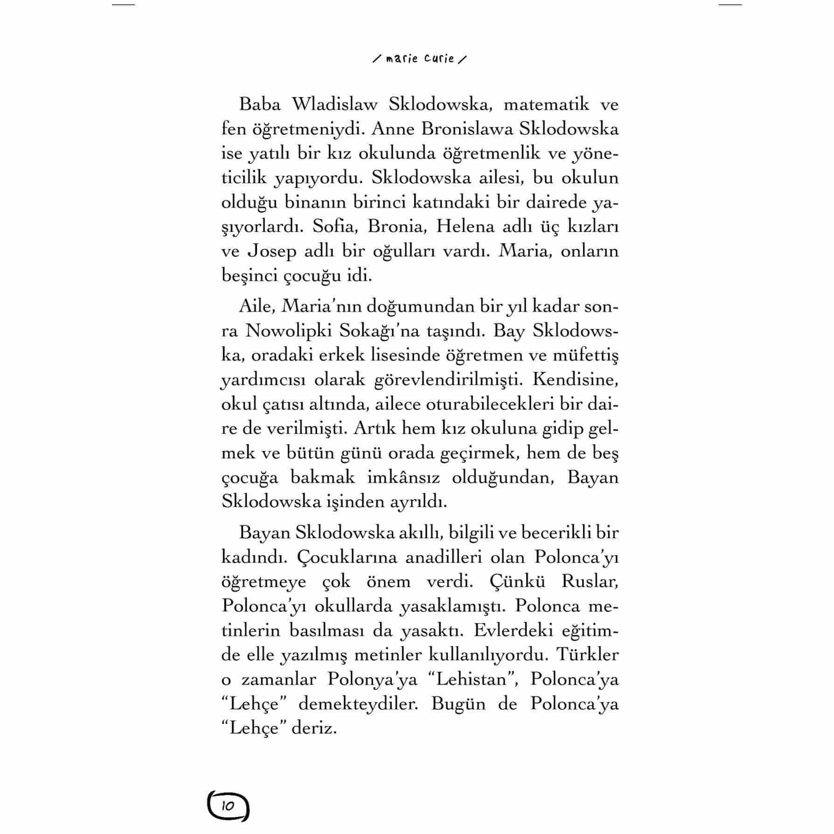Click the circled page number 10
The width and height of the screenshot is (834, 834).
click(228, 806)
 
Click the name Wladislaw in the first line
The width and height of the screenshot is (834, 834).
click(334, 104)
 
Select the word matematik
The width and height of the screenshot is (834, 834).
click(546, 104)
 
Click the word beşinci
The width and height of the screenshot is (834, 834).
click(250, 276)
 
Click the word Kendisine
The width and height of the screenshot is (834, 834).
click(575, 380)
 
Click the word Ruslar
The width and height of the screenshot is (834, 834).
click(590, 582)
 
